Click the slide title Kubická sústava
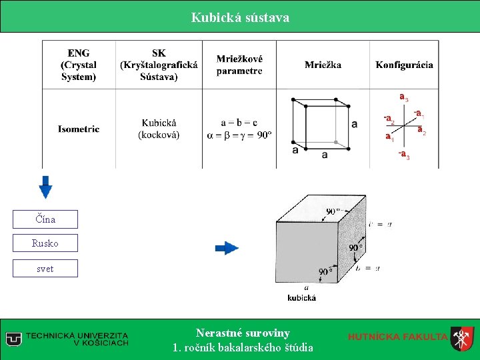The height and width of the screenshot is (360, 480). [x=240, y=17]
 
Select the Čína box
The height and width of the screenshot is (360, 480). [x=45, y=219]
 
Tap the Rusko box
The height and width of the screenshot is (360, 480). [x=45, y=243]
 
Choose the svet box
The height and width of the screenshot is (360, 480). [x=45, y=269]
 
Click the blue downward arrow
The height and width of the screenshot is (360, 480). [x=45, y=186]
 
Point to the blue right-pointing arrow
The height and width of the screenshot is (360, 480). [x=227, y=248]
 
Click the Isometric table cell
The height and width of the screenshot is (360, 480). [x=79, y=129]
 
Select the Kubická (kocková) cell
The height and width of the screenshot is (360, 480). [x=159, y=129]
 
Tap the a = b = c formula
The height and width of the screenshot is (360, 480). [x=239, y=123]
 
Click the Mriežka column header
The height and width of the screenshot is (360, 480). [x=323, y=65]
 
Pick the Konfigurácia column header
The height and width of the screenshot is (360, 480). [x=404, y=65]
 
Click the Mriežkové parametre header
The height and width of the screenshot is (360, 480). [x=239, y=65]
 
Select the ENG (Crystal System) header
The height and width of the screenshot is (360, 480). [x=79, y=65]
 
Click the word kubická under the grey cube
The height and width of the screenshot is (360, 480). [x=301, y=297]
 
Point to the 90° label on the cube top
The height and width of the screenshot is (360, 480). [x=334, y=211]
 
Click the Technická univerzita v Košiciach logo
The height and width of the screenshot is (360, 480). [x=67, y=339]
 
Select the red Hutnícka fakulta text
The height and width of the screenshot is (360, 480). [x=397, y=337]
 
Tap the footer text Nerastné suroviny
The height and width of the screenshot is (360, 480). [x=243, y=333]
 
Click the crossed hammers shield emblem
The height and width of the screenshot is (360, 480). [x=461, y=339]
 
